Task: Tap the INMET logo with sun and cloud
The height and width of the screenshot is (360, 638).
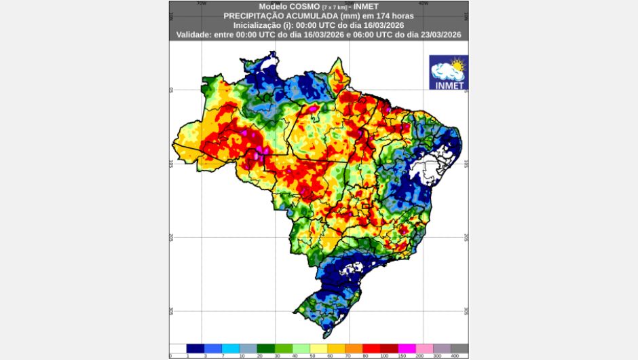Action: [449, 73]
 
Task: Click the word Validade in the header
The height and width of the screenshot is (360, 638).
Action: [195, 34]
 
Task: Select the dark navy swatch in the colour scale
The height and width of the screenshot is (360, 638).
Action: [195, 348]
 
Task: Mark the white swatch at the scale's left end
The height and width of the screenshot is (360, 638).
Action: [178, 348]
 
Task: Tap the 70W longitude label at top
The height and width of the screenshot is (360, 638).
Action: [201, 3]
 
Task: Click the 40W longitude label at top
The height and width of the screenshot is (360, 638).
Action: [423, 3]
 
